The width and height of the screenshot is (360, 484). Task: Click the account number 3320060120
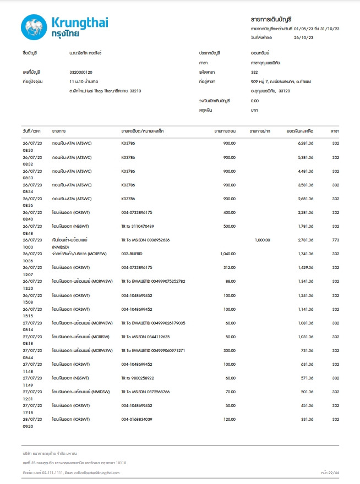[81, 72]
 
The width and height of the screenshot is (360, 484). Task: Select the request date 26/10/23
[304, 37]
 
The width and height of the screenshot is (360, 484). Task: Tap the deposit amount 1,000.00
[264, 240]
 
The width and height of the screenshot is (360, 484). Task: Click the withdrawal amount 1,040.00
[226, 254]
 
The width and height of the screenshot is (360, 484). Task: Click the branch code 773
[335, 240]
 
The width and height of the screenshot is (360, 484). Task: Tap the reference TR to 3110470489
[138, 226]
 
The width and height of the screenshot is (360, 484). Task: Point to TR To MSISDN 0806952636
[145, 240]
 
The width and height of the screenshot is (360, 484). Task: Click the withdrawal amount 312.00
[228, 267]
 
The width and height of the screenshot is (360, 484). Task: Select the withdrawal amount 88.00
[230, 281]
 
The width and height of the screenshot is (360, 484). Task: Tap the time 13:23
[28, 288]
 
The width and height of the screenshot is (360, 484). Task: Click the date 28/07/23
[32, 419]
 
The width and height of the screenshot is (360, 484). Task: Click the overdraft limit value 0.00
[255, 101]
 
